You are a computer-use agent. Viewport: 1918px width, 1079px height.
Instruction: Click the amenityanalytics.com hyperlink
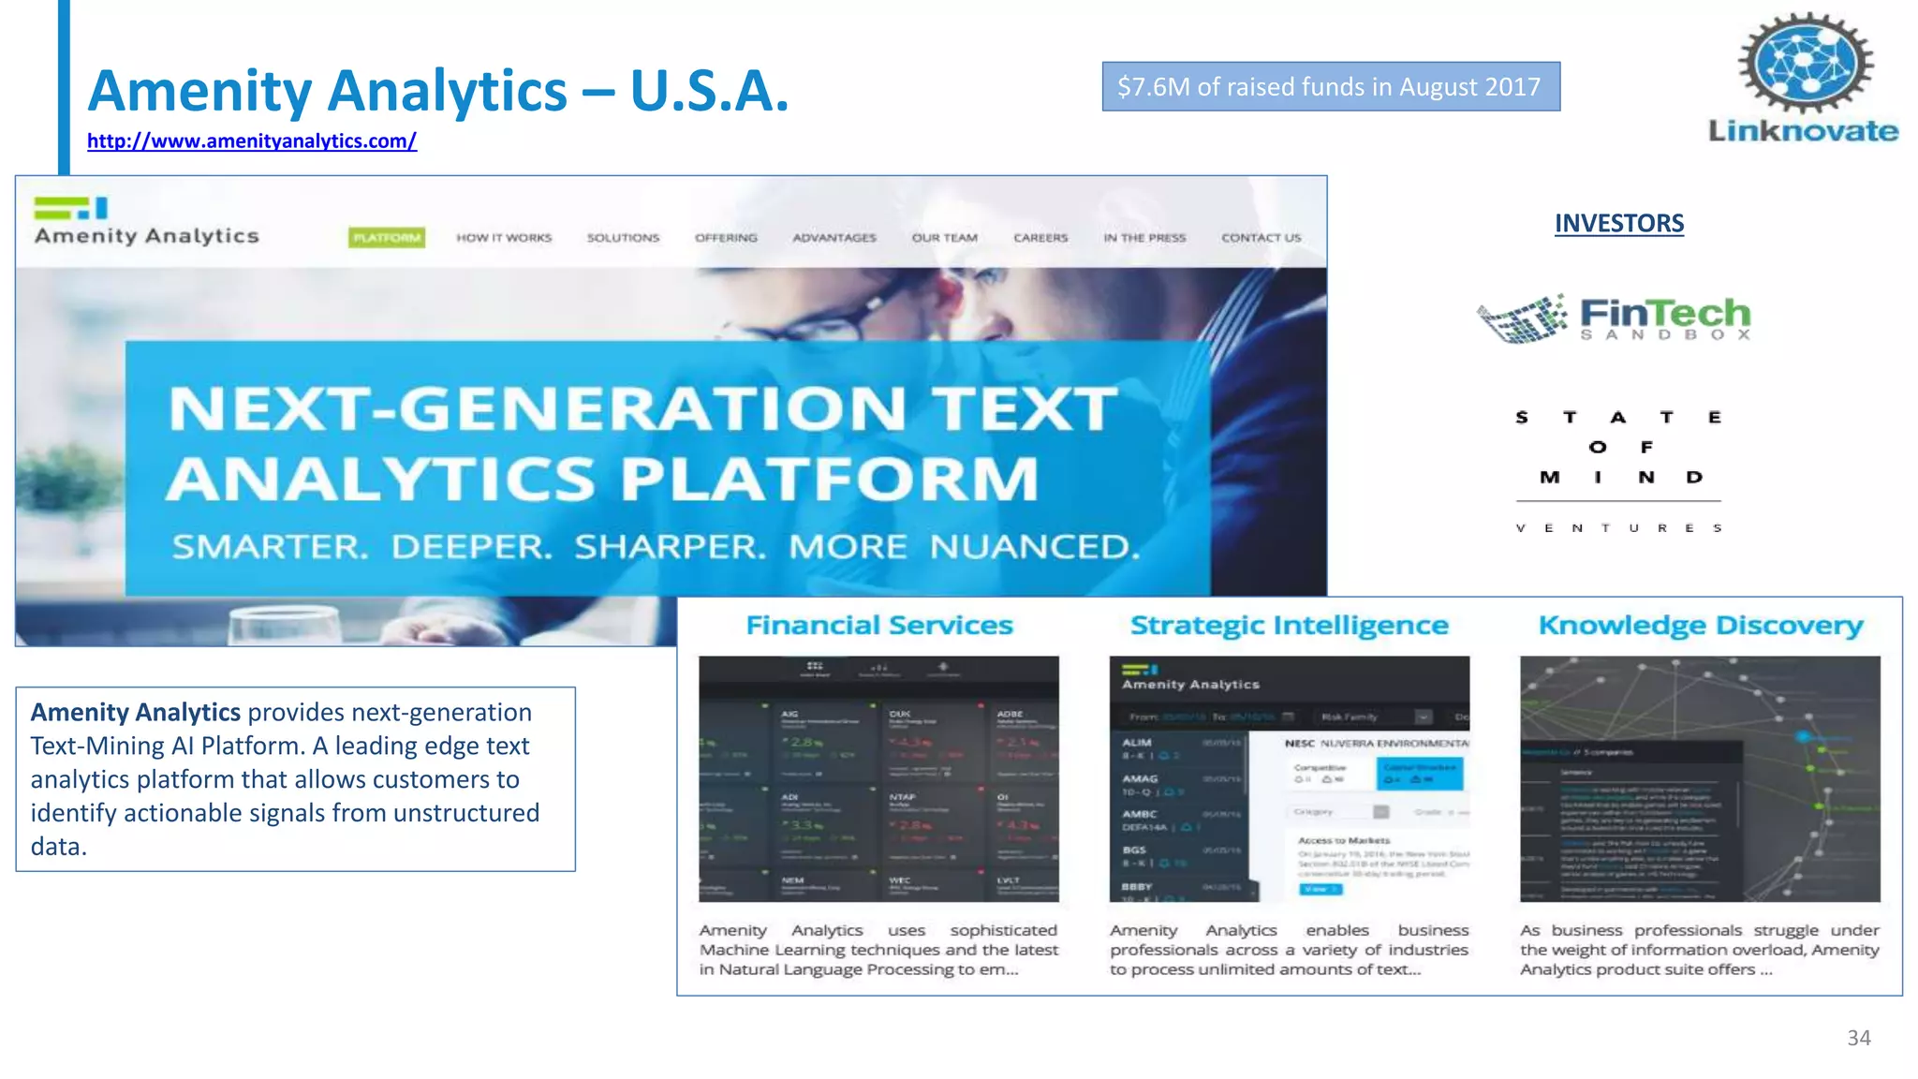251,141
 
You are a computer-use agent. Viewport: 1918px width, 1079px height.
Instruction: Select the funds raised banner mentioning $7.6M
1330,87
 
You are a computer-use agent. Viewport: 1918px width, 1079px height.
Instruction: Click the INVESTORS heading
1618,224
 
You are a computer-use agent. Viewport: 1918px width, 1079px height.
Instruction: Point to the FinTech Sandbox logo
1614,318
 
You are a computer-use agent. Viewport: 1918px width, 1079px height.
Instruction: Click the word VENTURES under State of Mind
1618,528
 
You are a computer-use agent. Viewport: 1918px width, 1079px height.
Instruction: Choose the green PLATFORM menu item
386,238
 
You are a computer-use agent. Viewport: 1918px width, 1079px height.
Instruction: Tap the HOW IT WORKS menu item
504,238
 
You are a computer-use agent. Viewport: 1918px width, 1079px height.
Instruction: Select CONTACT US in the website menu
1261,238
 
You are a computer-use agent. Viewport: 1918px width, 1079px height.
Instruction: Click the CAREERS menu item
1040,238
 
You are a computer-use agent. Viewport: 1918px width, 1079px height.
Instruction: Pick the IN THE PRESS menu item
1144,238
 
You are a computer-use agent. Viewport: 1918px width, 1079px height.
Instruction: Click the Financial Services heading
879,626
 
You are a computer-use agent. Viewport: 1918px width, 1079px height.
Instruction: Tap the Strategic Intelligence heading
1289,626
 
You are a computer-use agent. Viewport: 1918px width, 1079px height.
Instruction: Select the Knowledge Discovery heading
1700,626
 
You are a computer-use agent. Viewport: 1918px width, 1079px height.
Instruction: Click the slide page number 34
1858,1038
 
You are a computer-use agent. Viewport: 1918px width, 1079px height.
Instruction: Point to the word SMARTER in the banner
271,547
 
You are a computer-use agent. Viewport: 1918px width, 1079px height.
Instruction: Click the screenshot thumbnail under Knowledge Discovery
1700,778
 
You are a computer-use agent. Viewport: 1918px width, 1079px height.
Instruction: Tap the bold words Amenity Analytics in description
136,713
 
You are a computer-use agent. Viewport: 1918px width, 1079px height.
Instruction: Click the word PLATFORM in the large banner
829,480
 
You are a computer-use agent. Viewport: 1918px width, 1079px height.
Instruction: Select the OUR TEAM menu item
944,238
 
